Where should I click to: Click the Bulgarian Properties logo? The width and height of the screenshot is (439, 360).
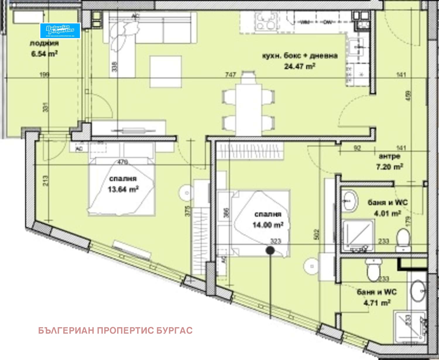point(60,30)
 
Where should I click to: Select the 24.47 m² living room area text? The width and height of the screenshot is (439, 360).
point(299,66)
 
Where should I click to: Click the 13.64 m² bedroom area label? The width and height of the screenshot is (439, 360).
point(123,189)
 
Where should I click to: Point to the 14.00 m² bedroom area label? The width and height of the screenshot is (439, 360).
point(268,225)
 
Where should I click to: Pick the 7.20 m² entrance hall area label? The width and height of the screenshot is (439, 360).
point(389,167)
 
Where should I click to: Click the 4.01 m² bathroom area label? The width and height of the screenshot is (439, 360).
point(387,213)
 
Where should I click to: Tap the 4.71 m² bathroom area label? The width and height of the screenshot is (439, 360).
point(377,303)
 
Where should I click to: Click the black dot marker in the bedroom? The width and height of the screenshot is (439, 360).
point(270,250)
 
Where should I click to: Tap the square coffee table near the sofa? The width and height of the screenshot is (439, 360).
point(165,72)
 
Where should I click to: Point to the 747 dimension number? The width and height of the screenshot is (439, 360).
point(230,75)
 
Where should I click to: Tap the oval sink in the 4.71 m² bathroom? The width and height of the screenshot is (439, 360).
point(418,291)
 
